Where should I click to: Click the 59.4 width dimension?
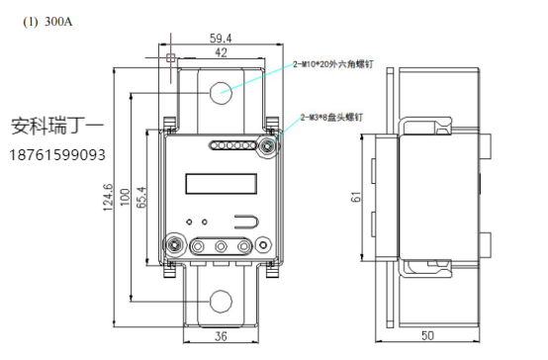[x=221, y=39]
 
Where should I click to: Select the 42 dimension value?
[x=221, y=52]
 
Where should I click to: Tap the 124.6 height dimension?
[x=108, y=198]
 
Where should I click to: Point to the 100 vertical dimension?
[x=125, y=197]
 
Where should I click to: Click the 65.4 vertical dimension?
[x=141, y=198]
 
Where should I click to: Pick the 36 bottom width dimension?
[x=221, y=336]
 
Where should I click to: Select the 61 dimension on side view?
[x=355, y=197]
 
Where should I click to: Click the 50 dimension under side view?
[x=427, y=335]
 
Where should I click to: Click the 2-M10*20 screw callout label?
[x=333, y=64]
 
